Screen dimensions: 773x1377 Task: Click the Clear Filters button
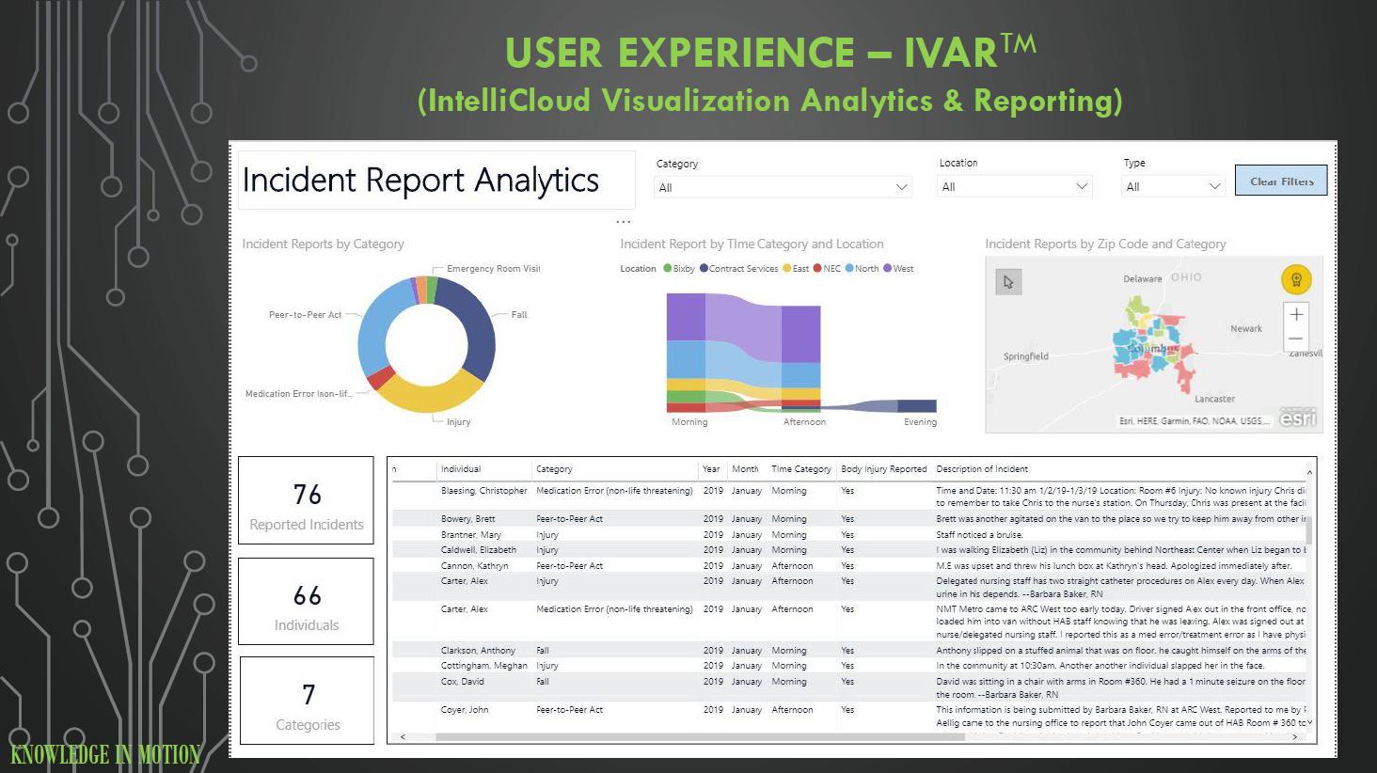[x=1281, y=181]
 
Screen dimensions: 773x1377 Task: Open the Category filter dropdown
[x=783, y=187]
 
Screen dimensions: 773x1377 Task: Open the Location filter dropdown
[x=1014, y=186]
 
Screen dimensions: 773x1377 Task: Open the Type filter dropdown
[x=1174, y=186]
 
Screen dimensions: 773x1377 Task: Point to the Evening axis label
[x=920, y=422]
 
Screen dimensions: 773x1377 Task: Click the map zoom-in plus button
[x=1296, y=314]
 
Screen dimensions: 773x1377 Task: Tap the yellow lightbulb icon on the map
[x=1296, y=279]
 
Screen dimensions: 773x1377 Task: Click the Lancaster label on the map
[x=1214, y=399]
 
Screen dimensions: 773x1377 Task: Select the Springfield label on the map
[x=1025, y=356]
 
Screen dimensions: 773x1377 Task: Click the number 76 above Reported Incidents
[x=307, y=495]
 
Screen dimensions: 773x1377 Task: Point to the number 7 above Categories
[x=309, y=695]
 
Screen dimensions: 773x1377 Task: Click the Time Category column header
[x=800, y=469]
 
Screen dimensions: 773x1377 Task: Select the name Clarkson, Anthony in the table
[x=478, y=651]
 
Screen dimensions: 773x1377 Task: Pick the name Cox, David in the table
[x=462, y=682]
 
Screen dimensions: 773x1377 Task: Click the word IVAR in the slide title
[x=951, y=53]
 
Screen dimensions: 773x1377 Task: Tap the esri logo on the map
[x=1298, y=418]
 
